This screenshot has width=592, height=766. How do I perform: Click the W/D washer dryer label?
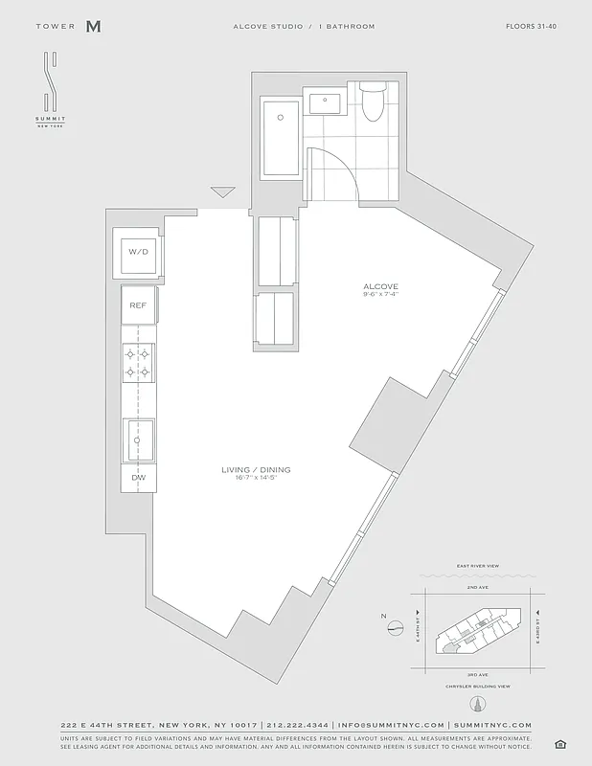coord(138,252)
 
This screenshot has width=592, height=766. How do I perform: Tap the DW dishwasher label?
coord(138,476)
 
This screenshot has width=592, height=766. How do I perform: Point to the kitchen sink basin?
coord(139,439)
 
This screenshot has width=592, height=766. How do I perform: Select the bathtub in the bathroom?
coord(281,136)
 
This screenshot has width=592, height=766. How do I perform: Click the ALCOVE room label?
coord(380,286)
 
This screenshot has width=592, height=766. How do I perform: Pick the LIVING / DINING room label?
coord(256,470)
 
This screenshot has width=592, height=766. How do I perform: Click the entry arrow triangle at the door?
coord(223,192)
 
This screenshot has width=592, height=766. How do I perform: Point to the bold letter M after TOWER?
coord(93,27)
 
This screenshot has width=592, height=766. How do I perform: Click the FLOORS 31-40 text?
coord(531,27)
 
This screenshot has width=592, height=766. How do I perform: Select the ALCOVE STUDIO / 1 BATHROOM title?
coord(304,27)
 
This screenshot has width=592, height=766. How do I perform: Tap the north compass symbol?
coord(396,628)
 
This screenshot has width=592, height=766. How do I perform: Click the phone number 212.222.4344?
coord(296,726)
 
